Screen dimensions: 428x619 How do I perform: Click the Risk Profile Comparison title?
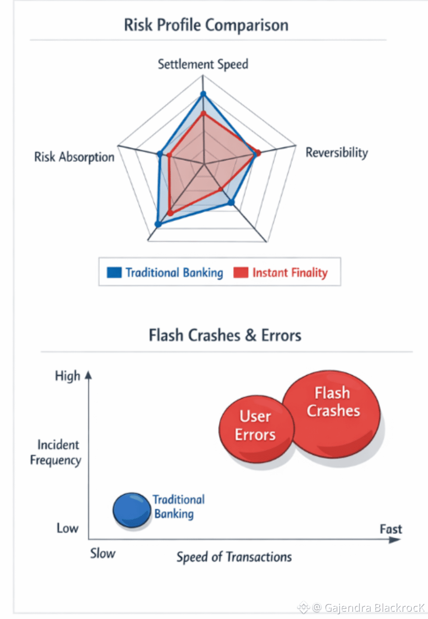click(206, 25)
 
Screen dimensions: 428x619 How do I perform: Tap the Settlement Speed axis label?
click(203, 64)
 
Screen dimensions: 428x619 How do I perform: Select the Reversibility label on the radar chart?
click(336, 153)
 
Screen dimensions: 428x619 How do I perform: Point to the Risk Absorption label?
click(74, 157)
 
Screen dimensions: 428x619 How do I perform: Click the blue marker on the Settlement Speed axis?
click(203, 94)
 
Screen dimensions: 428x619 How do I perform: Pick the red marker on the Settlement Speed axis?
click(204, 113)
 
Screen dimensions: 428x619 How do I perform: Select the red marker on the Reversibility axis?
click(258, 153)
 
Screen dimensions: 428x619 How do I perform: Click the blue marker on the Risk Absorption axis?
click(160, 154)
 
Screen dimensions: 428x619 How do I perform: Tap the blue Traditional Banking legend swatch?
click(114, 273)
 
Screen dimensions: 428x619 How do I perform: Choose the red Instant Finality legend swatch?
click(240, 273)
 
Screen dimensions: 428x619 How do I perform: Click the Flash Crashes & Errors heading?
click(225, 335)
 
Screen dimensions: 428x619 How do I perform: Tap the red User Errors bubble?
click(256, 428)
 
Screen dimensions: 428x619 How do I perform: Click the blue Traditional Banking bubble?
click(132, 510)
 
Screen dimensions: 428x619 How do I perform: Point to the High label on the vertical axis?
click(67, 376)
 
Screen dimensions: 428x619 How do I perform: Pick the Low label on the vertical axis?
click(67, 528)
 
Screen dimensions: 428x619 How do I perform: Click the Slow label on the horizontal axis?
click(102, 553)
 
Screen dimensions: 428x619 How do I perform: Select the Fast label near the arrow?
click(391, 529)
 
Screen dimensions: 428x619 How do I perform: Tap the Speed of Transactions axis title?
click(234, 557)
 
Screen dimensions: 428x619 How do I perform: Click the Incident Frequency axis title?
click(56, 452)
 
